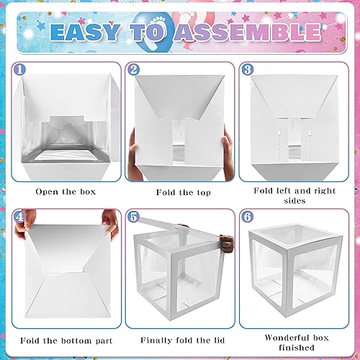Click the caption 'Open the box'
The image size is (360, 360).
[x=66, y=193]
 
